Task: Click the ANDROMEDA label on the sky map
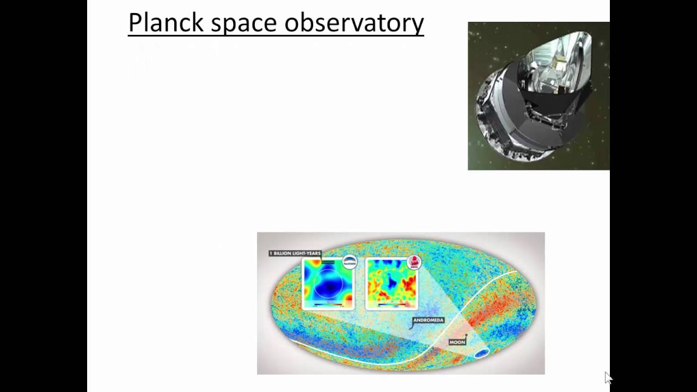[429, 320]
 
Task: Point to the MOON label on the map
[457, 342]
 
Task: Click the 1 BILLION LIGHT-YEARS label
[295, 253]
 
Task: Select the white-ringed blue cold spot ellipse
[481, 354]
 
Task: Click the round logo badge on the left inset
[349, 262]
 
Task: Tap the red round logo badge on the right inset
[414, 262]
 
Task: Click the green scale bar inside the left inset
[328, 262]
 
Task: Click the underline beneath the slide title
[276, 36]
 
